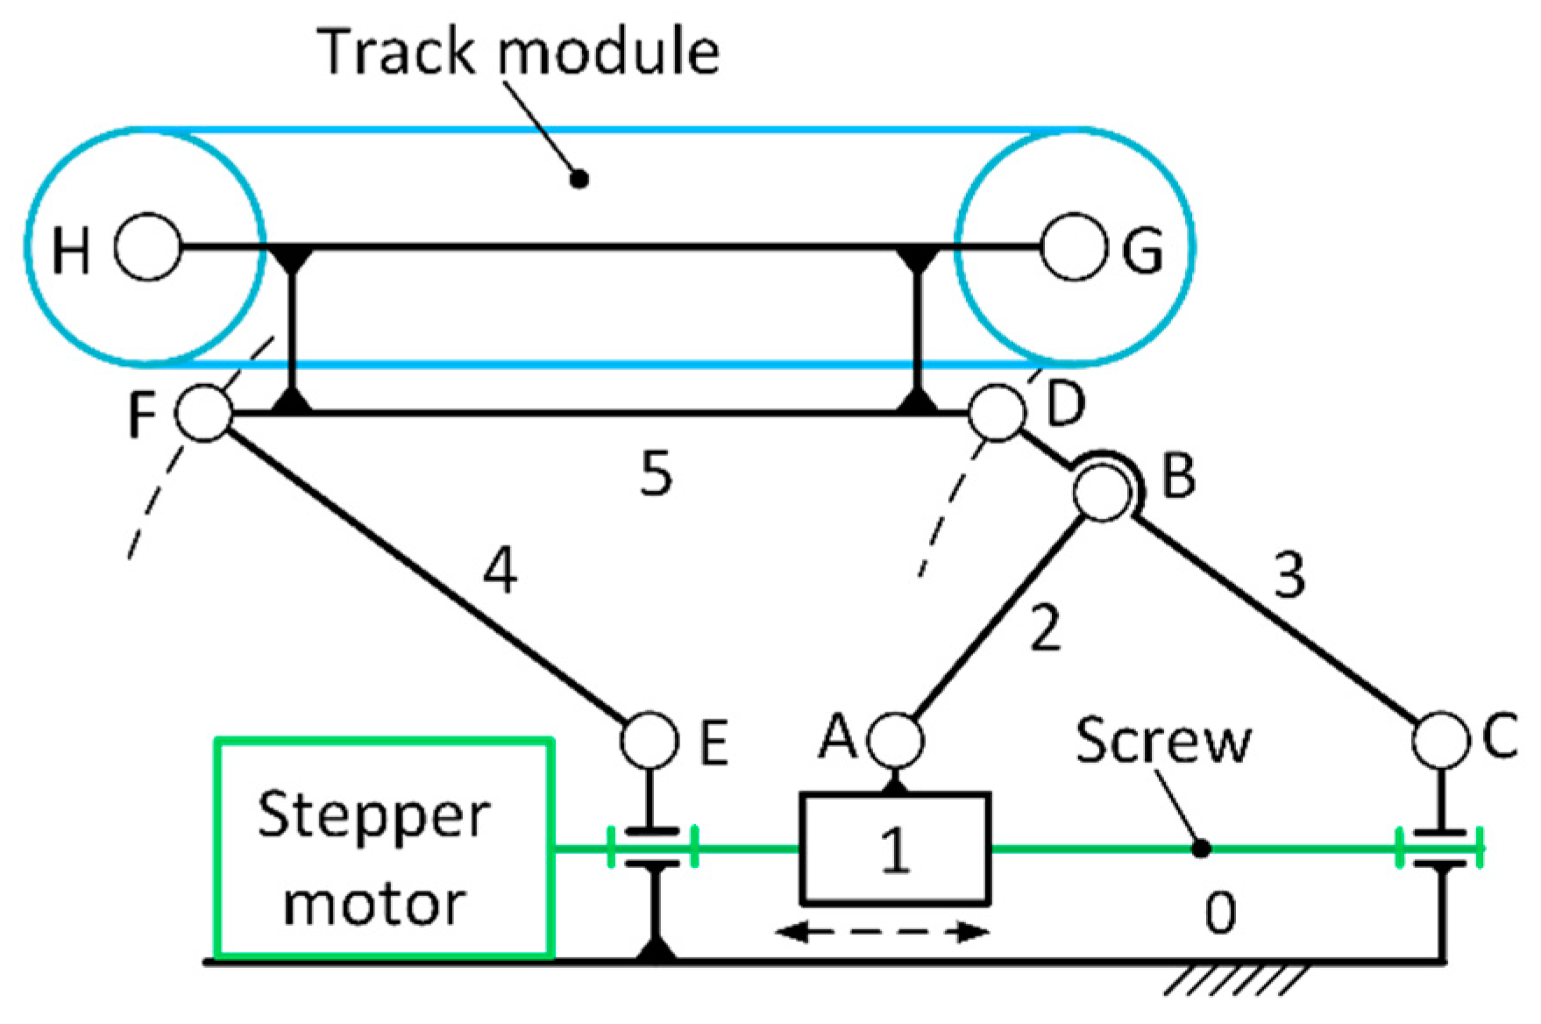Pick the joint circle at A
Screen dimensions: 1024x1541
point(896,741)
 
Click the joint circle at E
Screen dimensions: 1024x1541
point(650,741)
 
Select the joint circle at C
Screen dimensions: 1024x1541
point(1440,741)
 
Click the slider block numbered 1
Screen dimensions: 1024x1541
point(895,848)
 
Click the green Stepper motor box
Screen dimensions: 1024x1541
point(384,848)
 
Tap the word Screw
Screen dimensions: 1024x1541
point(1163,742)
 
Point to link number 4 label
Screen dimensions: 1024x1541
point(500,574)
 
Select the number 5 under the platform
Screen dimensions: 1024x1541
point(656,475)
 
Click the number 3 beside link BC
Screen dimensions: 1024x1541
point(1289,576)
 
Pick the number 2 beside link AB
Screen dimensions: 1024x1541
point(1045,628)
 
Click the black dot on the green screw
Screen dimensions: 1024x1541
point(1203,849)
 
